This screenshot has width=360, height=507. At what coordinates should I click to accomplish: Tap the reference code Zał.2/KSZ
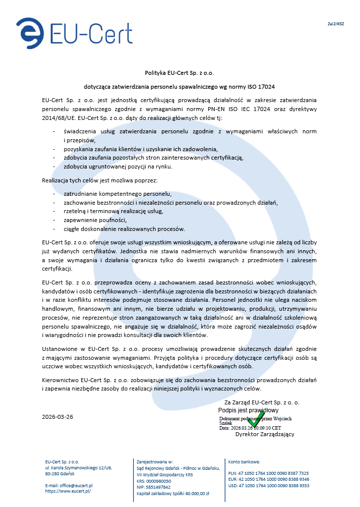coord(336,23)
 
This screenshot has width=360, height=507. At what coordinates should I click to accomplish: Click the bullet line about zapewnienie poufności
coord(96,220)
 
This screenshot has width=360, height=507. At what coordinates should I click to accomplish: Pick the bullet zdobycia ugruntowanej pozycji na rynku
coord(118,167)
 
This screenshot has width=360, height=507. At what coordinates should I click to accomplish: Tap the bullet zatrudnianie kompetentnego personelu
coord(118,193)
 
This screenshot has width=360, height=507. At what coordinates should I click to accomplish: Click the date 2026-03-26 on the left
coord(58,417)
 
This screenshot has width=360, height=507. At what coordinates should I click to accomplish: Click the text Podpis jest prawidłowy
coord(248,410)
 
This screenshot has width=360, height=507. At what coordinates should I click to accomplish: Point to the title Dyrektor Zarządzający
coord(265,434)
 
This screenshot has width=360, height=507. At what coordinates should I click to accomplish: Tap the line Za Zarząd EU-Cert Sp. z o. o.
coord(262,402)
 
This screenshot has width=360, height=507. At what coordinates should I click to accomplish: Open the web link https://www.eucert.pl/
coord(68,491)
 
